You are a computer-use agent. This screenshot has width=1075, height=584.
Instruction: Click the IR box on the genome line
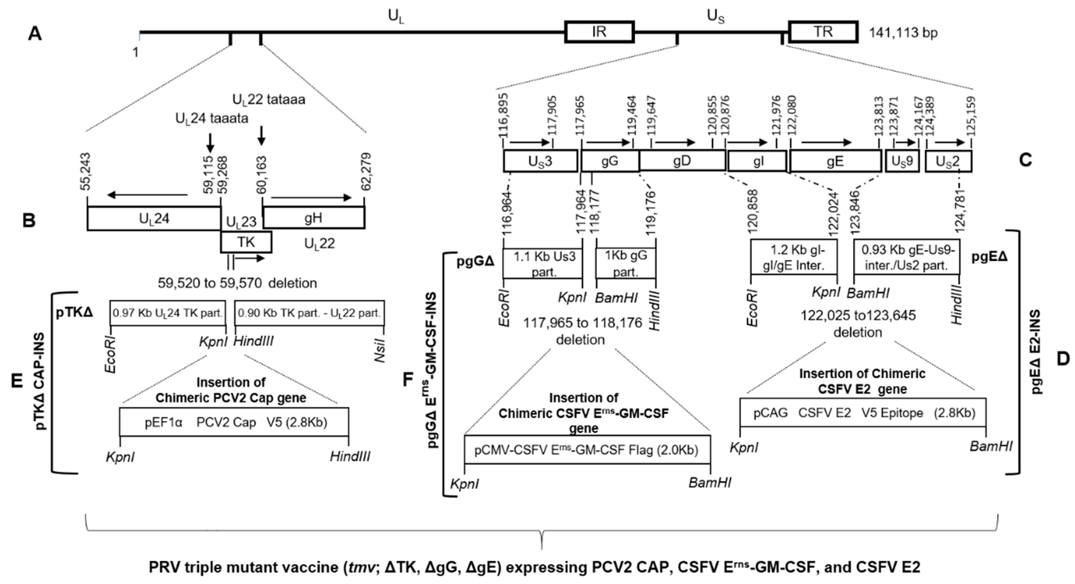(599, 32)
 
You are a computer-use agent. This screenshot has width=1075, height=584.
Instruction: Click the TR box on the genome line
(823, 32)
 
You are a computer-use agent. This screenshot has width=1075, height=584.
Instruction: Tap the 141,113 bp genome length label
(903, 33)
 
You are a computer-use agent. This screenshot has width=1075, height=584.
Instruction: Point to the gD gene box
(682, 161)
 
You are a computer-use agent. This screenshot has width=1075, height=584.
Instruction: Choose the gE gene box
(835, 161)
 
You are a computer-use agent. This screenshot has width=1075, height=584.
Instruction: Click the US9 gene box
(902, 161)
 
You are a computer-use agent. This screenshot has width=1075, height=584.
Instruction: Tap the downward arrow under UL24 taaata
(210, 143)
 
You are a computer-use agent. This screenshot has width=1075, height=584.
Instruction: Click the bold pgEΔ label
(989, 257)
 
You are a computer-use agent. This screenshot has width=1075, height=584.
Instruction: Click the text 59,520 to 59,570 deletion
(237, 283)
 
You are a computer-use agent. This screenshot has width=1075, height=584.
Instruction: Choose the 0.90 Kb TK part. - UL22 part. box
(309, 313)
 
